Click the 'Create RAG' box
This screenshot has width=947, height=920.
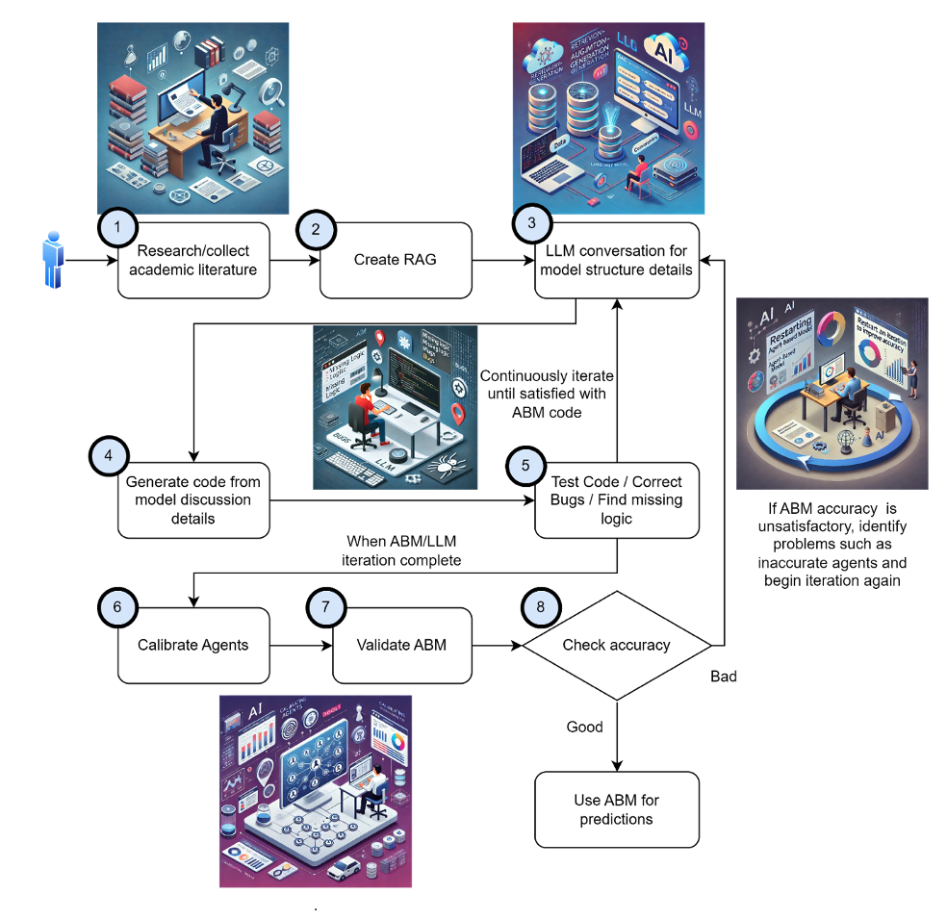point(396,260)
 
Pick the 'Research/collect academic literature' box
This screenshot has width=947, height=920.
point(196,261)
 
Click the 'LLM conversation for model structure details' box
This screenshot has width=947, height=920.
point(616,261)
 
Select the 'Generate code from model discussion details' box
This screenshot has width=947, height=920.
point(193,499)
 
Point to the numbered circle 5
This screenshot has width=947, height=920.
point(525,465)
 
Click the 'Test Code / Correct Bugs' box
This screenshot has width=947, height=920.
point(616,499)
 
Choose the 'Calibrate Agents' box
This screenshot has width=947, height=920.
point(193,644)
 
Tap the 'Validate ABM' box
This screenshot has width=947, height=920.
point(402,644)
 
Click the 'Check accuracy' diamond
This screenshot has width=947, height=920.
point(616,644)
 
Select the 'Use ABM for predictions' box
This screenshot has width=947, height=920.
point(616,809)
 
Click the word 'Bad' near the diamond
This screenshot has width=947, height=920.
point(723,677)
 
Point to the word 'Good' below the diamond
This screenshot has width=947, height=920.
point(585,727)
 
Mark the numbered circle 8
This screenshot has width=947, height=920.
point(540,607)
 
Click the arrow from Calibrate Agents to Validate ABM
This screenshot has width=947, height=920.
point(300,644)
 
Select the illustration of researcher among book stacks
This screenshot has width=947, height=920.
point(192,117)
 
